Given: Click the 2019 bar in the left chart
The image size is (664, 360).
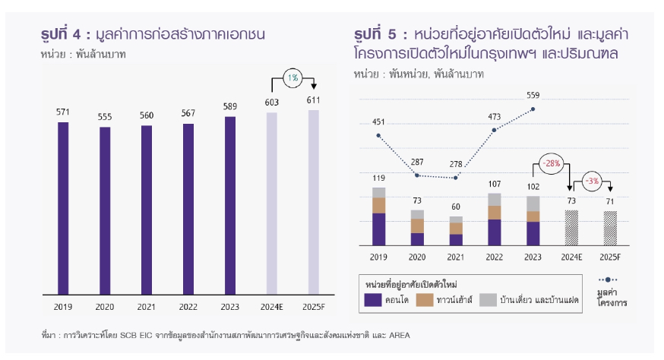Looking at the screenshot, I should tap(63, 207).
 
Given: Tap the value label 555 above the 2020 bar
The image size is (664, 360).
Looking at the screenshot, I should tap(105, 117).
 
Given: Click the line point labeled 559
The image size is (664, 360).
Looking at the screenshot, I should tap(534, 109).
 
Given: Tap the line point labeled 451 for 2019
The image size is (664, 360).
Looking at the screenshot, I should tap(378, 136).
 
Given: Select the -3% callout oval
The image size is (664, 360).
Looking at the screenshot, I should tap(593, 182).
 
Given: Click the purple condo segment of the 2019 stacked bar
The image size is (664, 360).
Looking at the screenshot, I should tap(378, 229).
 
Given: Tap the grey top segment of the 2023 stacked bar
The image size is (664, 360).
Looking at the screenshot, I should tap(533, 204).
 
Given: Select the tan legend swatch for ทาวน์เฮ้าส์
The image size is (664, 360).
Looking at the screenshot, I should tap(424, 300).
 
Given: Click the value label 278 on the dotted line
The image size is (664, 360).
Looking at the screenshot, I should tap(456, 165).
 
